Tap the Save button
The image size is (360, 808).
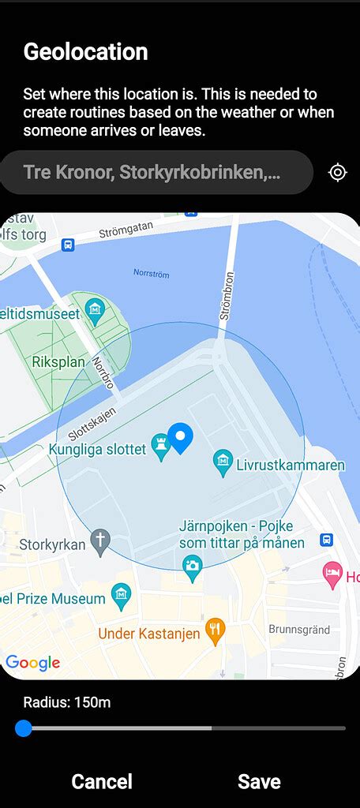259,781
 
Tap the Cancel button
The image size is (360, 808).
102,781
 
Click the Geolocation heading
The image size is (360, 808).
85,52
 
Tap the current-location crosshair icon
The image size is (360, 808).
338,172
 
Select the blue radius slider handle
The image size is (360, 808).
24,728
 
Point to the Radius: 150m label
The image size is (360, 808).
66,701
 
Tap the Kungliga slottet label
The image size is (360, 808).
97,449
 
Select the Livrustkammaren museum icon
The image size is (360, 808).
223,460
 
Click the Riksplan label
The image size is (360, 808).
58,362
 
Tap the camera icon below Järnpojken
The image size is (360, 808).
192,565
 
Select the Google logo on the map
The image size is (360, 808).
33,662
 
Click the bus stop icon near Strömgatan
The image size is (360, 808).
68,245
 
